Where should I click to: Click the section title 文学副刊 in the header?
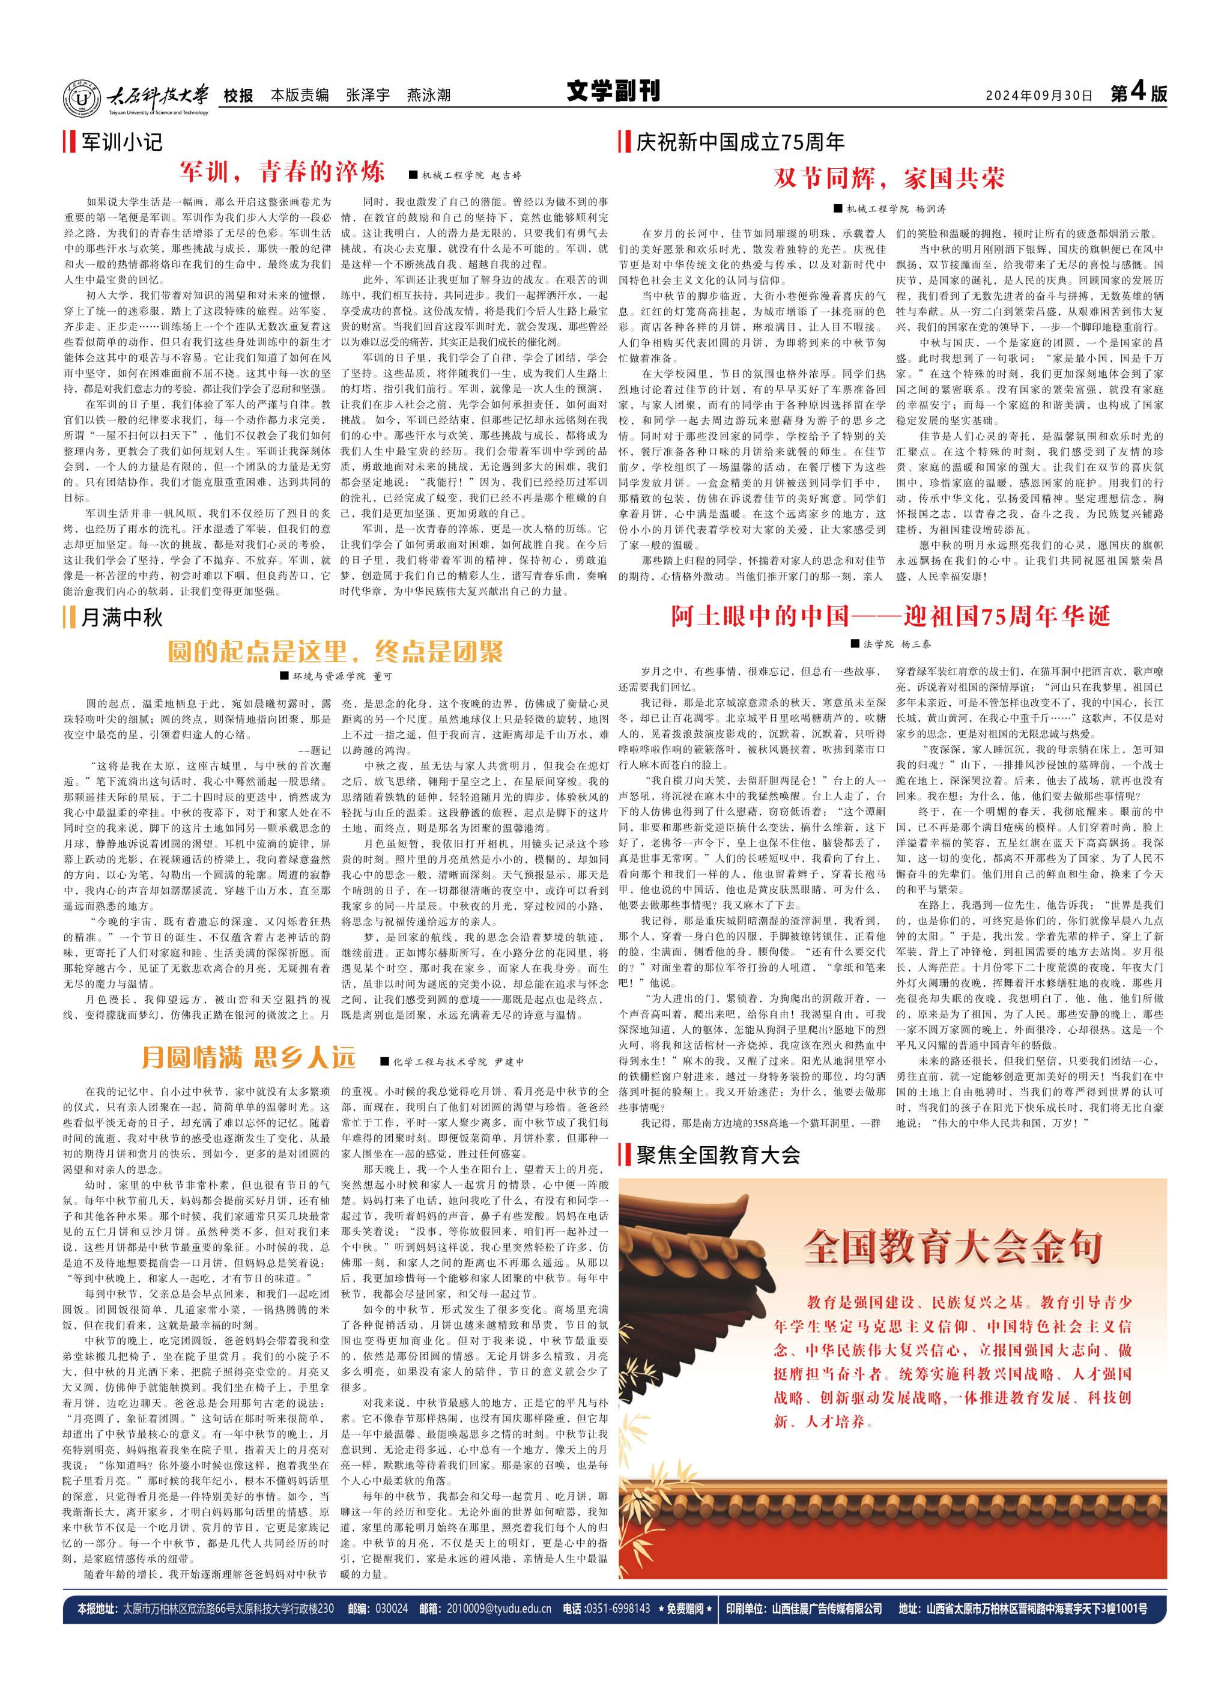point(613,93)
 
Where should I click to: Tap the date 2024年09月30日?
point(1038,96)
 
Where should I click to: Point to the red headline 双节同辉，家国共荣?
point(889,179)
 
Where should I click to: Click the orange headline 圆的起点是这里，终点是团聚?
point(335,651)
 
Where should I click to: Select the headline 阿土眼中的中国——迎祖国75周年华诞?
point(890,616)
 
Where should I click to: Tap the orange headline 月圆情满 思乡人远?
point(248,1058)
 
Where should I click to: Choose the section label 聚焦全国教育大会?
point(718,1154)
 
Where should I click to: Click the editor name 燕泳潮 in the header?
point(428,96)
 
